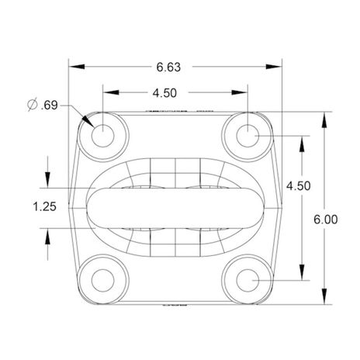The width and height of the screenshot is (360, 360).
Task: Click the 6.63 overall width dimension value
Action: [x=168, y=67]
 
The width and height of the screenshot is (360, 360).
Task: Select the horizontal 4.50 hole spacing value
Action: [x=164, y=93]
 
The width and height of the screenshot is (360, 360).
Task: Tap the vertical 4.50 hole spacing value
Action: [x=298, y=186]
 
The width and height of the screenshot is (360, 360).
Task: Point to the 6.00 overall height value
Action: [x=326, y=220]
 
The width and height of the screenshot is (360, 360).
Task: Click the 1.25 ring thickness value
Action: [x=44, y=206]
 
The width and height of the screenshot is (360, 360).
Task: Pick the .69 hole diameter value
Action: [x=49, y=106]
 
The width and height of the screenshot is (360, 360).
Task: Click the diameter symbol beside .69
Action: [x=33, y=105]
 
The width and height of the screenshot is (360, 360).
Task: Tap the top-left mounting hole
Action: [x=103, y=136]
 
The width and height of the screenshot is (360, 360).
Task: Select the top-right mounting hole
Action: [x=247, y=136]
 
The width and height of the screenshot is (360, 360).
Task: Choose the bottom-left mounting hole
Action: [x=103, y=280]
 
